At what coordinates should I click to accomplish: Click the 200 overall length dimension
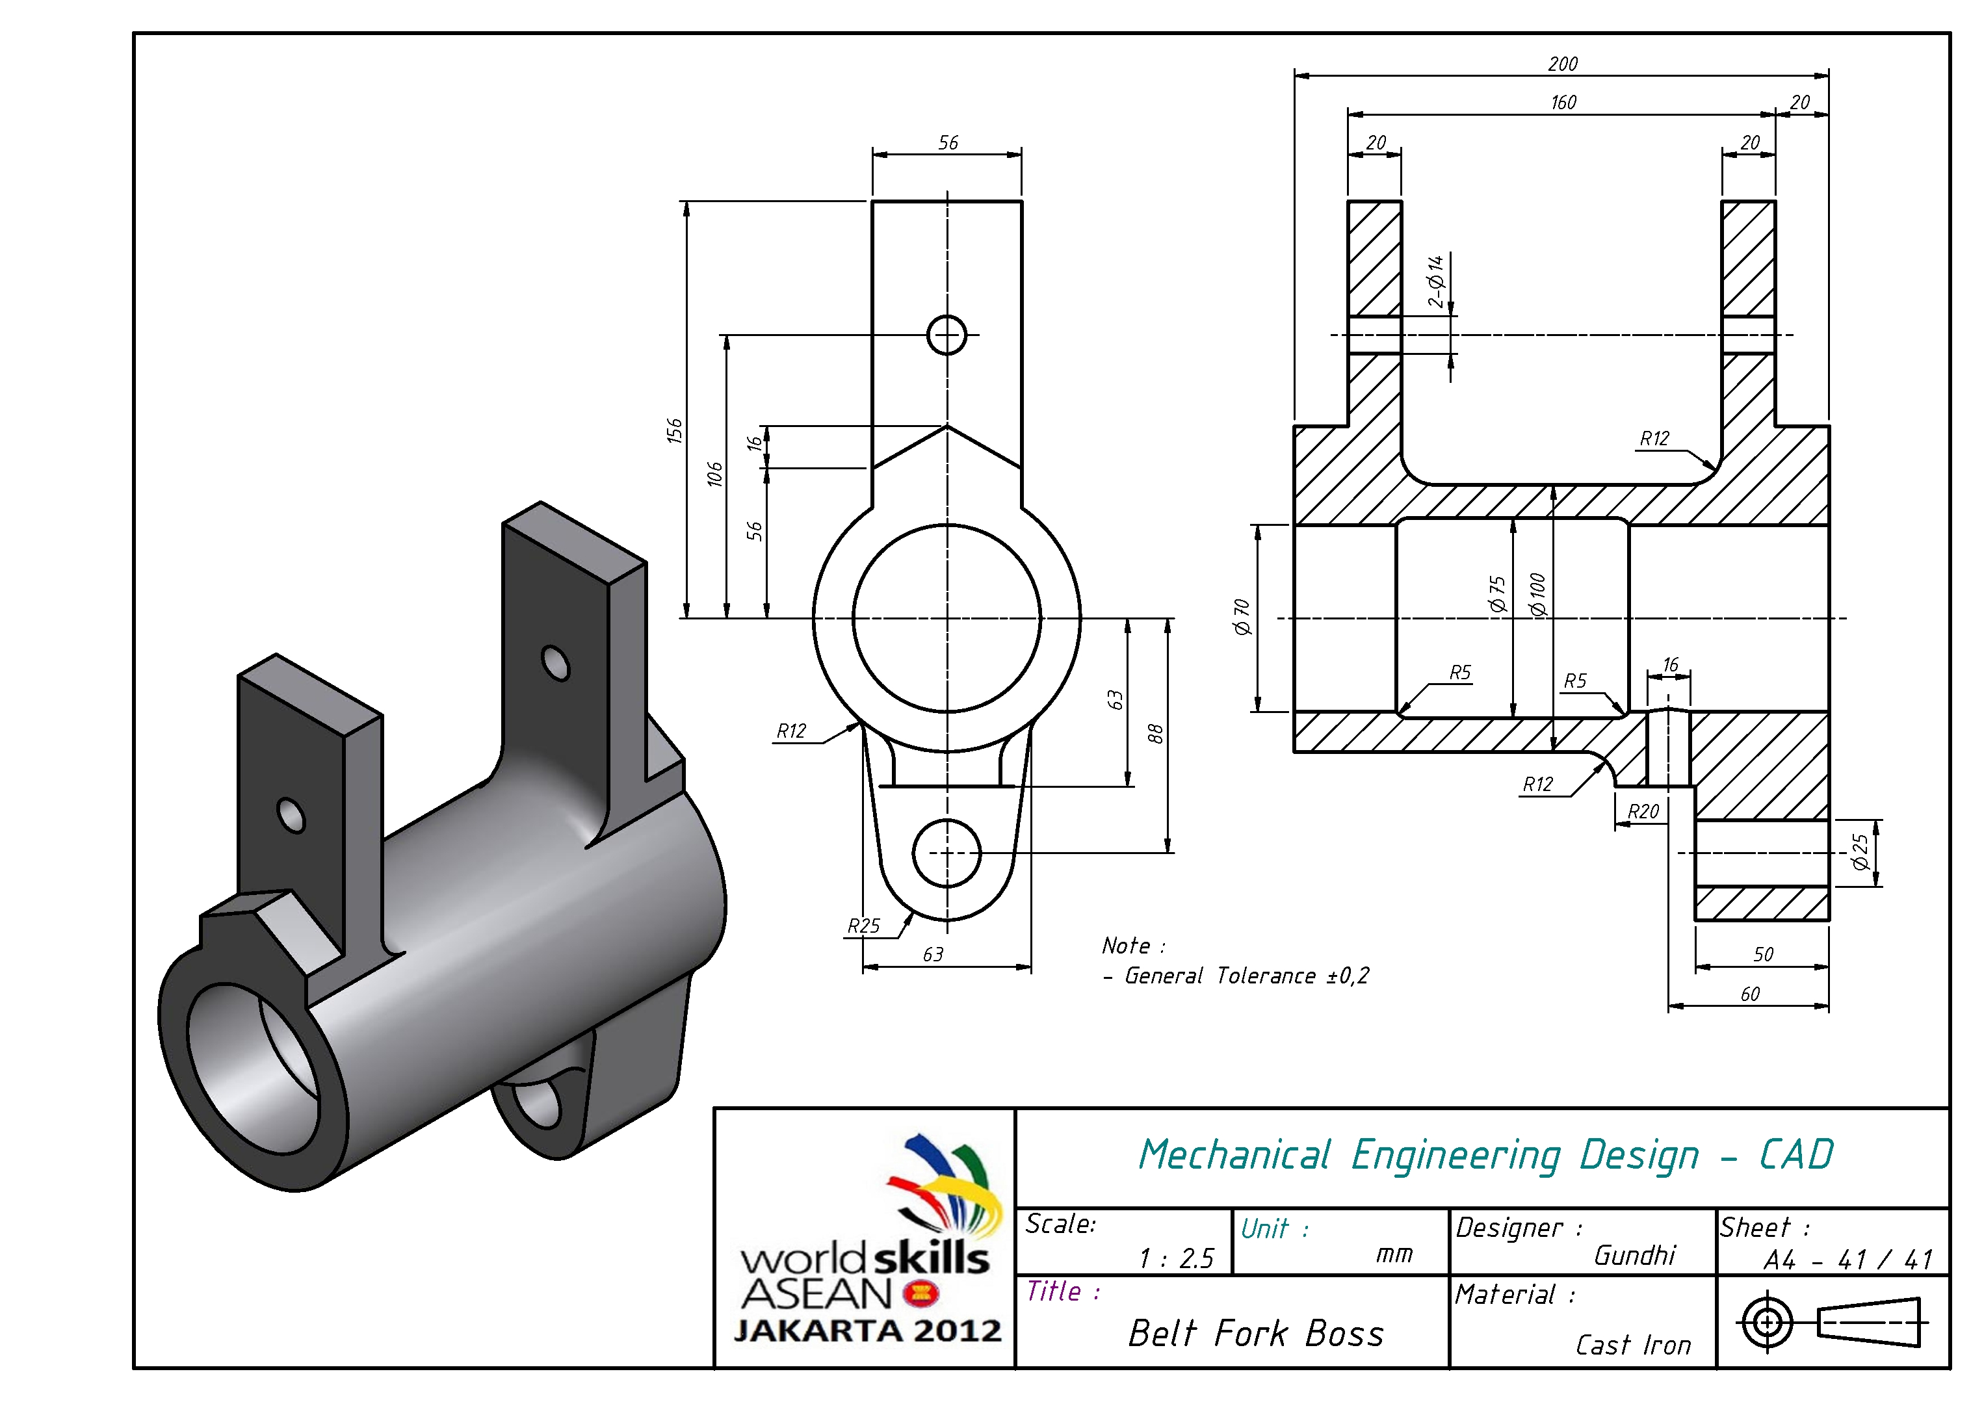(x=1562, y=64)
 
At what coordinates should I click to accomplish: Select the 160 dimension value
(x=1563, y=103)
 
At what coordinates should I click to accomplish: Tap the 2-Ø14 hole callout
(x=1435, y=281)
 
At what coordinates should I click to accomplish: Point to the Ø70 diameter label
(x=1242, y=617)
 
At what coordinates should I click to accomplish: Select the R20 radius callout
(x=1643, y=811)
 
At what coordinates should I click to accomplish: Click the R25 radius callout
(x=863, y=926)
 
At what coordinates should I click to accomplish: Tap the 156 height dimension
(x=674, y=430)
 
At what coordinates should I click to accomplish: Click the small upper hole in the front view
(x=946, y=335)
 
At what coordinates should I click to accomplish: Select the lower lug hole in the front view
(x=946, y=853)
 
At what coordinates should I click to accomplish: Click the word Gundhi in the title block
(x=1634, y=1255)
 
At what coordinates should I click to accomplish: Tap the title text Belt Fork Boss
(x=1255, y=1334)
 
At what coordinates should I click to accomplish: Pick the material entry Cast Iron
(x=1632, y=1345)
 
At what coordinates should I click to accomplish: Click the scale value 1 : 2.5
(x=1176, y=1258)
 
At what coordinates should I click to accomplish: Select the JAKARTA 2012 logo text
(x=868, y=1331)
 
